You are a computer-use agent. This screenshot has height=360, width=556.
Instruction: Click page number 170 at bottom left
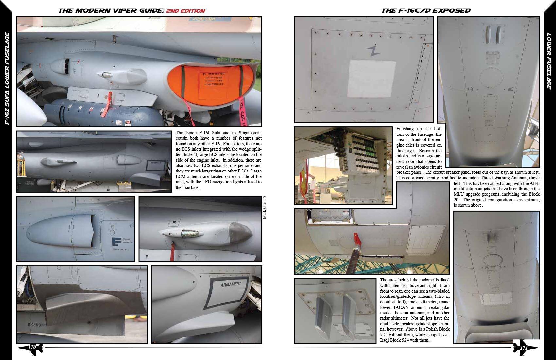32,347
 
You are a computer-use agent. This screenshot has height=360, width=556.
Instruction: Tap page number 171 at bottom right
524,348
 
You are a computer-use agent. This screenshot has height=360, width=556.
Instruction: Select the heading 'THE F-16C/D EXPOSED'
426,10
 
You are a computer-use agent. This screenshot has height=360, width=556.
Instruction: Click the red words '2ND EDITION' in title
185,11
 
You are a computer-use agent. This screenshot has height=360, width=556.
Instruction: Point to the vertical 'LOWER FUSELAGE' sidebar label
549,61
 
